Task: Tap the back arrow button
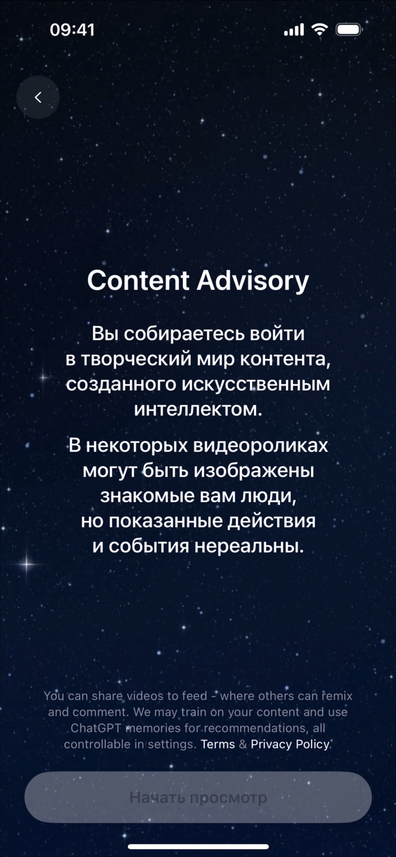pos(38,97)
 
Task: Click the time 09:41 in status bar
pos(72,30)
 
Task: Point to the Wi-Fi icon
pos(319,30)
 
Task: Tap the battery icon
pos(349,30)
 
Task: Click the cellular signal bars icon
pos(294,30)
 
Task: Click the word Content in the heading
pos(138,281)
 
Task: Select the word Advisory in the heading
pos(253,281)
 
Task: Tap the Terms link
pos(217,744)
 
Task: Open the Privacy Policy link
pos(290,745)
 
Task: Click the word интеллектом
pos(198,409)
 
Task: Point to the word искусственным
pos(256,384)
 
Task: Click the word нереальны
pos(249,546)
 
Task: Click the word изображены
pos(254,471)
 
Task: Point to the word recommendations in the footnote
pos(255,728)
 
